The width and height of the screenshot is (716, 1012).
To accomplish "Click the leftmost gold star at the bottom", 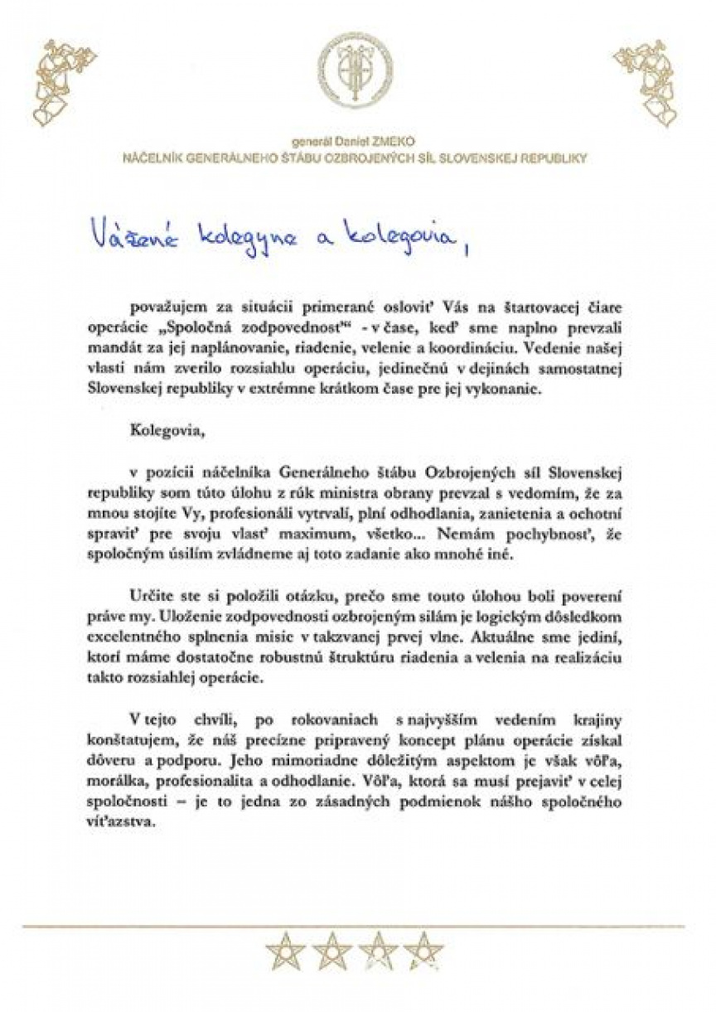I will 285,951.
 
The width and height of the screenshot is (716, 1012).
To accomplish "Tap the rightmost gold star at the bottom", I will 423,951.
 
